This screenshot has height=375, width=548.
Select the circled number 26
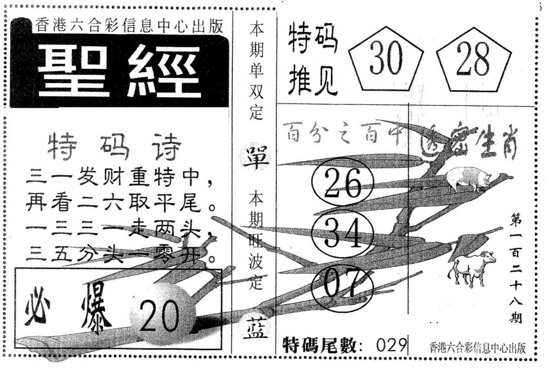(x=342, y=184)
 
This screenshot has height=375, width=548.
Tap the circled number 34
(x=342, y=234)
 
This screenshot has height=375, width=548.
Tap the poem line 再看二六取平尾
(x=120, y=205)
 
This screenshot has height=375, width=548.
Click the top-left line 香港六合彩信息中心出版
(x=129, y=26)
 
